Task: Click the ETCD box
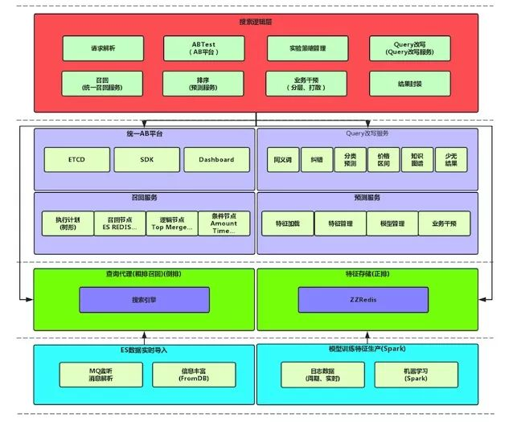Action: pos(76,159)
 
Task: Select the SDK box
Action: pos(146,159)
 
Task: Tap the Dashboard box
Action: pos(215,159)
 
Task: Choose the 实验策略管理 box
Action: pos(302,48)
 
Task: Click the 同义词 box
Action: pos(282,160)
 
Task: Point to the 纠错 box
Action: pos(316,160)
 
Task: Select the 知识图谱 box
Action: pos(416,160)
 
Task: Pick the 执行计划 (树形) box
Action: pos(68,223)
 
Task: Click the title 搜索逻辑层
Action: pos(255,22)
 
